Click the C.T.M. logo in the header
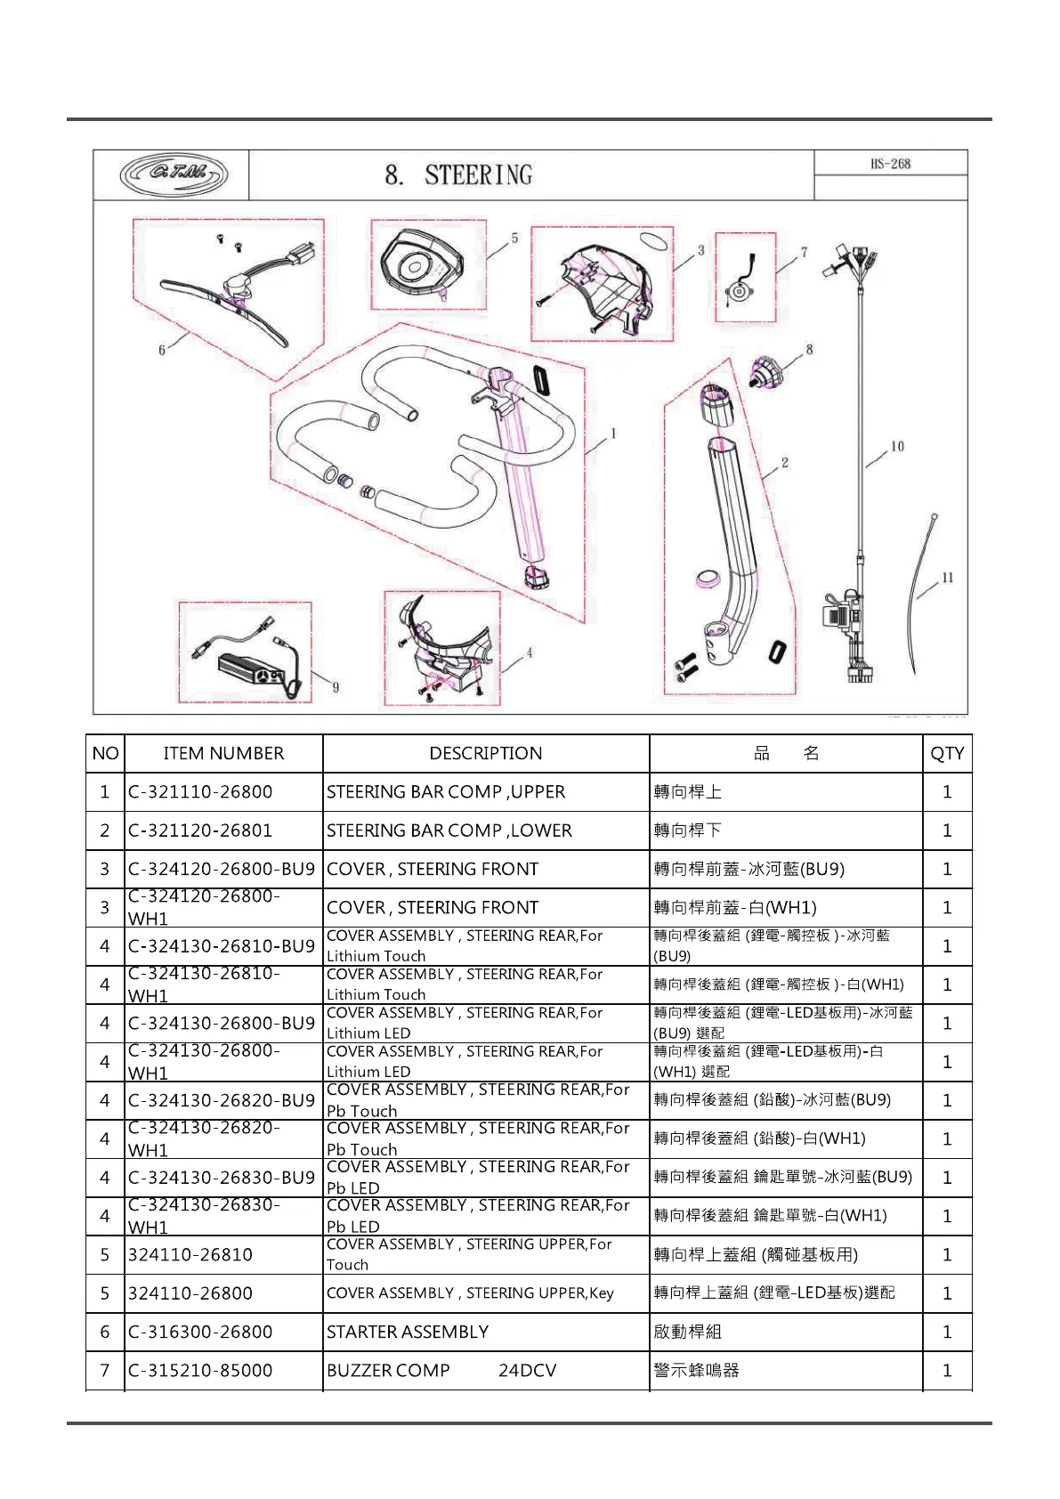pyautogui.click(x=174, y=174)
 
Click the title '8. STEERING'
pyautogui.click(x=458, y=174)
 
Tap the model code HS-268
pyautogui.click(x=890, y=164)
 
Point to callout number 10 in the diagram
pyautogui.click(x=897, y=446)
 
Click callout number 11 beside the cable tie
pyautogui.click(x=947, y=578)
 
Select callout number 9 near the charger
pyautogui.click(x=336, y=686)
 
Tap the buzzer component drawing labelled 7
pyautogui.click(x=742, y=283)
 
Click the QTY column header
pyautogui.click(x=947, y=753)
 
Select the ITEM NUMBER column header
pyautogui.click(x=223, y=753)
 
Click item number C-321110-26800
pyautogui.click(x=200, y=791)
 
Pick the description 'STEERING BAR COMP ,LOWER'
pyautogui.click(x=449, y=831)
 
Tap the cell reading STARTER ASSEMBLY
pyautogui.click(x=408, y=1332)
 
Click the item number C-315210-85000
pyautogui.click(x=200, y=1370)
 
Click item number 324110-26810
pyautogui.click(x=190, y=1254)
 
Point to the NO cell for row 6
pyautogui.click(x=105, y=1332)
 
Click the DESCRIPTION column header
pyautogui.click(x=485, y=753)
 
